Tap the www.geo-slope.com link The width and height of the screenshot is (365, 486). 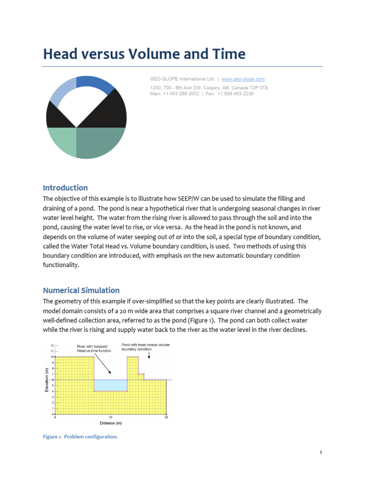pyautogui.click(x=243, y=79)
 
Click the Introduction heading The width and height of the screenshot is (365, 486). pyautogui.click(x=65, y=187)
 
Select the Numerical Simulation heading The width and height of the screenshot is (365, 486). pyautogui.click(x=81, y=290)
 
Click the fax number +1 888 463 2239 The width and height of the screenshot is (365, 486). pyautogui.click(x=235, y=94)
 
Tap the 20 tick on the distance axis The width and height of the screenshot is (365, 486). pyautogui.click(x=166, y=418)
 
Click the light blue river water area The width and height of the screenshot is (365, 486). pyautogui.click(x=110, y=385)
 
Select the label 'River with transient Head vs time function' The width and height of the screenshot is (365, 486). pyautogui.click(x=94, y=349)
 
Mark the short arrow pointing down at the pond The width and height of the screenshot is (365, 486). pyautogui.click(x=150, y=355)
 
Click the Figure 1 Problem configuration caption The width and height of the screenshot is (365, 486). pyautogui.click(x=80, y=437)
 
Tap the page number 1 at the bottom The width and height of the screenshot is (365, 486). pyautogui.click(x=321, y=453)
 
